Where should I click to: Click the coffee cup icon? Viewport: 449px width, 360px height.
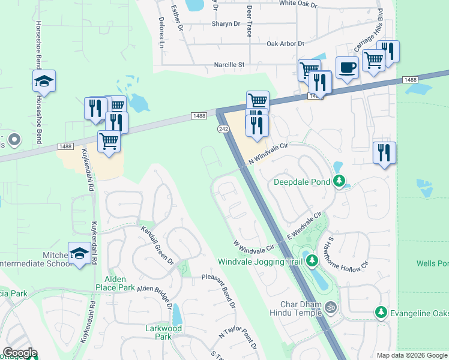coord(346,67)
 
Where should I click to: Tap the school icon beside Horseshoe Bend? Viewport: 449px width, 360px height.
coord(44,81)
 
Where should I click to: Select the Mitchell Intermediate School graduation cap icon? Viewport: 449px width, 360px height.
coord(79,253)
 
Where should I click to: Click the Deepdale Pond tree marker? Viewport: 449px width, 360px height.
coord(340,181)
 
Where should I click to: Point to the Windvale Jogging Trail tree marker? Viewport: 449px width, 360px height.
coord(312,260)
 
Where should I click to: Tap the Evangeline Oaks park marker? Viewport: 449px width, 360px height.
coord(381,312)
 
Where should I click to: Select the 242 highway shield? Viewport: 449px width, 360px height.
coord(223,129)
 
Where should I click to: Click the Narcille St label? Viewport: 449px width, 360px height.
coord(229,64)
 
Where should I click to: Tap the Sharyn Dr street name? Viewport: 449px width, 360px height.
coord(225,24)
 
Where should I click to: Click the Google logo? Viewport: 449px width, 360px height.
coord(20,353)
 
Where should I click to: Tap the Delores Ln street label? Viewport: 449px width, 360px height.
coord(161,36)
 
